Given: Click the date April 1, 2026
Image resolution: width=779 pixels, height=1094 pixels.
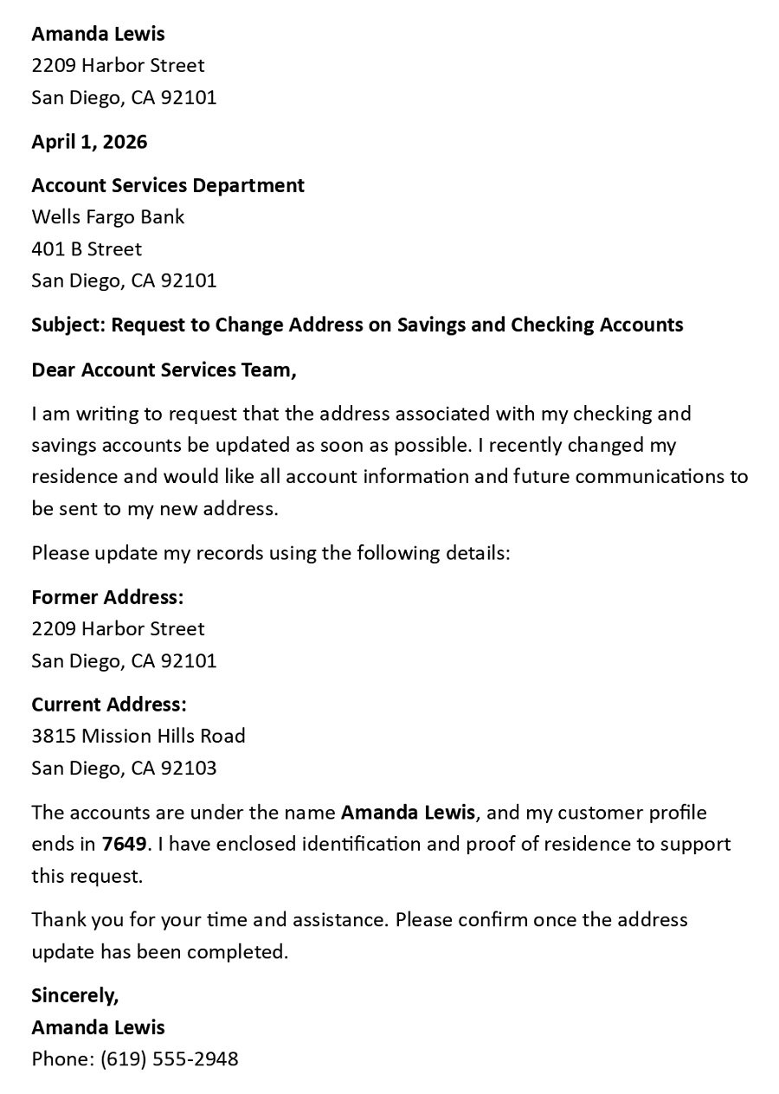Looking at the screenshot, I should tap(89, 142).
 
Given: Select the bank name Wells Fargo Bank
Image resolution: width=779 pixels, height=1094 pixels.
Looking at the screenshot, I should tap(108, 216).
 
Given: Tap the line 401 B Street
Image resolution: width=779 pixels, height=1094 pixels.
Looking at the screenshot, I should tap(87, 248).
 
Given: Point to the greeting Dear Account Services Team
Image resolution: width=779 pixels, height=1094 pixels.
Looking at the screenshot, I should tap(164, 370).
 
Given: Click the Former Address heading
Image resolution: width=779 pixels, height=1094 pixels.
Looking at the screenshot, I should tap(107, 597).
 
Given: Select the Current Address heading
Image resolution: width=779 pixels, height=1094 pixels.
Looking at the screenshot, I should tap(109, 705).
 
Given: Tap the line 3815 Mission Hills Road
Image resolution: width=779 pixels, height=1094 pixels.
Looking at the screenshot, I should tap(138, 736).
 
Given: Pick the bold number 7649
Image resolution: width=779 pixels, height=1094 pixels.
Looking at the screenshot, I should tap(124, 844).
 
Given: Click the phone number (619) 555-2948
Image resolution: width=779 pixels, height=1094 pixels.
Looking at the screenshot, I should tap(169, 1059).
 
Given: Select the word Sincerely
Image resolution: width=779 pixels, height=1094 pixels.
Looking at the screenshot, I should tap(74, 995).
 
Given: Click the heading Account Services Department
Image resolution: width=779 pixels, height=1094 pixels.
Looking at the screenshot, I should tap(168, 185).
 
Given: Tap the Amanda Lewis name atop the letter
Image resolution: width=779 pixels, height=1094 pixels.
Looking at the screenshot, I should tap(98, 34).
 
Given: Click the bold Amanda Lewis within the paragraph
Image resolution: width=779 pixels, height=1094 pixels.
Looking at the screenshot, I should tap(408, 813).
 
